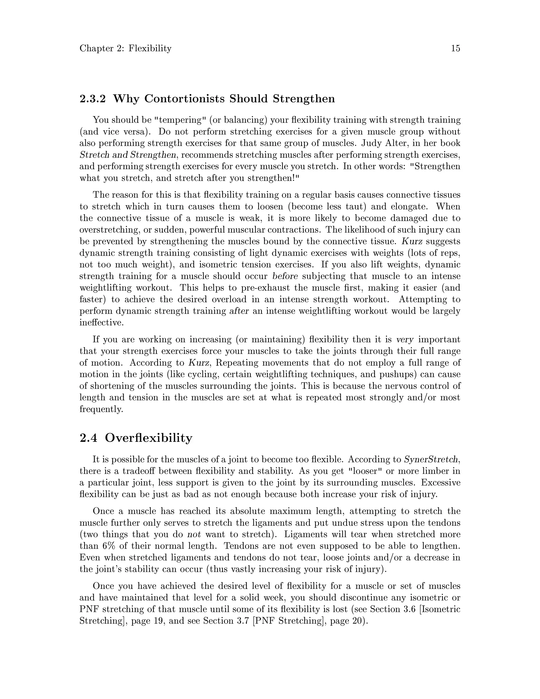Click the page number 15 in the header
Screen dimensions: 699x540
coord(455,48)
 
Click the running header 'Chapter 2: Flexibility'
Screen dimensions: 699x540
coord(126,48)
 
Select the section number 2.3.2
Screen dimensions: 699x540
coord(93,99)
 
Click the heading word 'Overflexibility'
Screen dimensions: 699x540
coord(148,438)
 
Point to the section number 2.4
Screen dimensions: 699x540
coord(88,438)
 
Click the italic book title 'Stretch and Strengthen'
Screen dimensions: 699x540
coord(128,155)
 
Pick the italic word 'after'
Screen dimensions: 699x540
coord(239,311)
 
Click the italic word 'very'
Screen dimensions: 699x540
coord(405,339)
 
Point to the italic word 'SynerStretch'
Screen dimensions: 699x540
coord(431,459)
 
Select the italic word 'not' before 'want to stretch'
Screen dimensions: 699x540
coord(194,534)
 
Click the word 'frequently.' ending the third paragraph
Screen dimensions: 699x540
coord(101,409)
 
